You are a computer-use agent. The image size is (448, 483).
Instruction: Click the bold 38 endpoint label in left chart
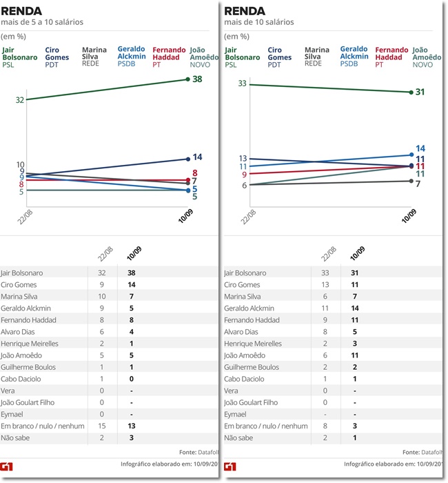pos(197,79)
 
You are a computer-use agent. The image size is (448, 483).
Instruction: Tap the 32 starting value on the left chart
pos(20,100)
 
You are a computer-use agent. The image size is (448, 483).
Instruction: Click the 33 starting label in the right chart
pos(242,83)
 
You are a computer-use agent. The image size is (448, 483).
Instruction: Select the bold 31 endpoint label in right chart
pos(420,92)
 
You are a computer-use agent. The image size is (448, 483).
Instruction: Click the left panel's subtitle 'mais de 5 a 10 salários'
pos(42,22)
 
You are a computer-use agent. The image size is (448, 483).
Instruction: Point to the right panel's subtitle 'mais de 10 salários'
pos(259,22)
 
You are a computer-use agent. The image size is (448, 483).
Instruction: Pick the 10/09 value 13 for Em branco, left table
pos(131,426)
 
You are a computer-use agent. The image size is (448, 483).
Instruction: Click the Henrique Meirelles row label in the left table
pos(30,344)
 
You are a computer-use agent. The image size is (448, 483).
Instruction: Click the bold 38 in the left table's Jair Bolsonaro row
pos(131,273)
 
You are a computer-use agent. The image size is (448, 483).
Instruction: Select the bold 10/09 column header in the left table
pos(132,254)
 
